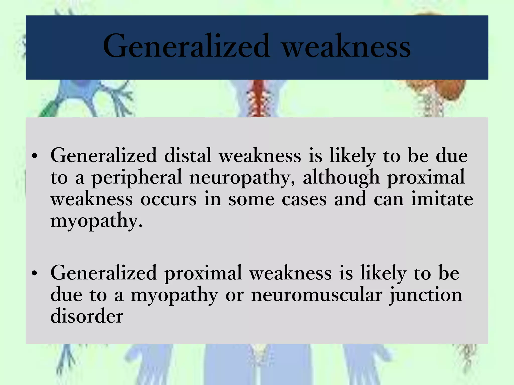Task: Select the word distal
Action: coord(188,155)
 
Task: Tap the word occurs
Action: coord(168,200)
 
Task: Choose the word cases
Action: coord(304,200)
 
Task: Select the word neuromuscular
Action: coord(317,295)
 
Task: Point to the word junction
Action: coord(426,295)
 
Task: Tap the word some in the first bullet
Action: coord(251,200)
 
